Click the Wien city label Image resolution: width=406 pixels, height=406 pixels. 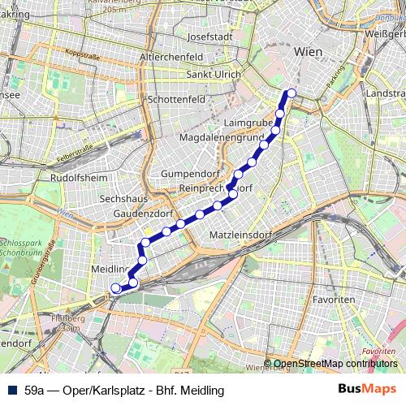coord(309,51)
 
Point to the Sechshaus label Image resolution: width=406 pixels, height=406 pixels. coord(122,198)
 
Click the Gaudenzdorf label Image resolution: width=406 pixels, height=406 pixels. coord(145,214)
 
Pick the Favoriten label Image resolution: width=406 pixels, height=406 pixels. coord(334,300)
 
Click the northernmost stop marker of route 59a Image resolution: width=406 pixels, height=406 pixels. coord(292,93)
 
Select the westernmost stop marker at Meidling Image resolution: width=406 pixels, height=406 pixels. coord(115,287)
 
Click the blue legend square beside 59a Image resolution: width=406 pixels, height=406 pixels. coord(14,390)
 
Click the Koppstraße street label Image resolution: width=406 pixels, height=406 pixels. coord(82,54)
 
